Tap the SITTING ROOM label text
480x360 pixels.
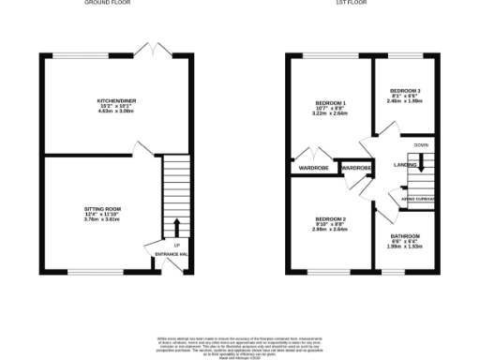coord(105,208)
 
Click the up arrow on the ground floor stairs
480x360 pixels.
coord(175,227)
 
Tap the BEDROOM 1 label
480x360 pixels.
coord(330,102)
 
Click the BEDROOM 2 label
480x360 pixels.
coord(330,217)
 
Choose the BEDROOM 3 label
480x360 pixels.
coord(405,91)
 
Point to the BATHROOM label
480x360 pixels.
coord(405,235)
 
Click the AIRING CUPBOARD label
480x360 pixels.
coord(417,199)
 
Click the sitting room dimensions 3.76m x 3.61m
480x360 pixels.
coord(105,219)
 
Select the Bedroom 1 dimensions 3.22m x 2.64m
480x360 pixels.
coord(330,113)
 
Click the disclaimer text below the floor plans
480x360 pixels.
coord(239,344)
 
